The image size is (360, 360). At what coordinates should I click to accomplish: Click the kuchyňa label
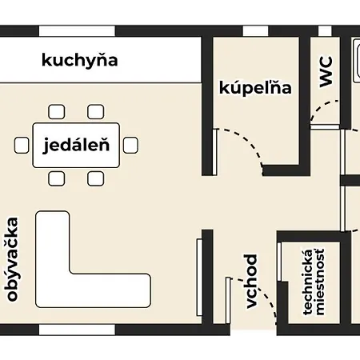click(80, 60)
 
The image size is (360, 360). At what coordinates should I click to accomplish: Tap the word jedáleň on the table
click(76, 146)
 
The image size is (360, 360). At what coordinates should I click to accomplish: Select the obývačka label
click(13, 259)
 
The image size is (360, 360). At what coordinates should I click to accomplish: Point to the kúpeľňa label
click(255, 87)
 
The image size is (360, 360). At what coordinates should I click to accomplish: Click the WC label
click(326, 71)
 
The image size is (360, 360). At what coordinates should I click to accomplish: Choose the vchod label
click(250, 282)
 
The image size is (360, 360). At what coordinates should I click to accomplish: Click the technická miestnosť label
click(314, 282)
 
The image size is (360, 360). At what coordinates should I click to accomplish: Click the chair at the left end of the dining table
click(22, 146)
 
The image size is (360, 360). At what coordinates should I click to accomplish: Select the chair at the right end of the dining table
click(130, 146)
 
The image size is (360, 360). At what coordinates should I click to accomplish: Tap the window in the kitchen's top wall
click(77, 31)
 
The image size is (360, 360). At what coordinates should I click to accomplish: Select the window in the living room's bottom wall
click(77, 330)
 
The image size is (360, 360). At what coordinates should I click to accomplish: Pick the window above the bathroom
click(255, 31)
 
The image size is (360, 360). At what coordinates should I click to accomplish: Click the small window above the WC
click(325, 31)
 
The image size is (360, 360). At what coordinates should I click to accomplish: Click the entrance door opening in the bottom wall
click(254, 330)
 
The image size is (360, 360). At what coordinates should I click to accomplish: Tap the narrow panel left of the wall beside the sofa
click(199, 278)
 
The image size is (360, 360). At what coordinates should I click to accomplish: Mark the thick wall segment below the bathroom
click(286, 170)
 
